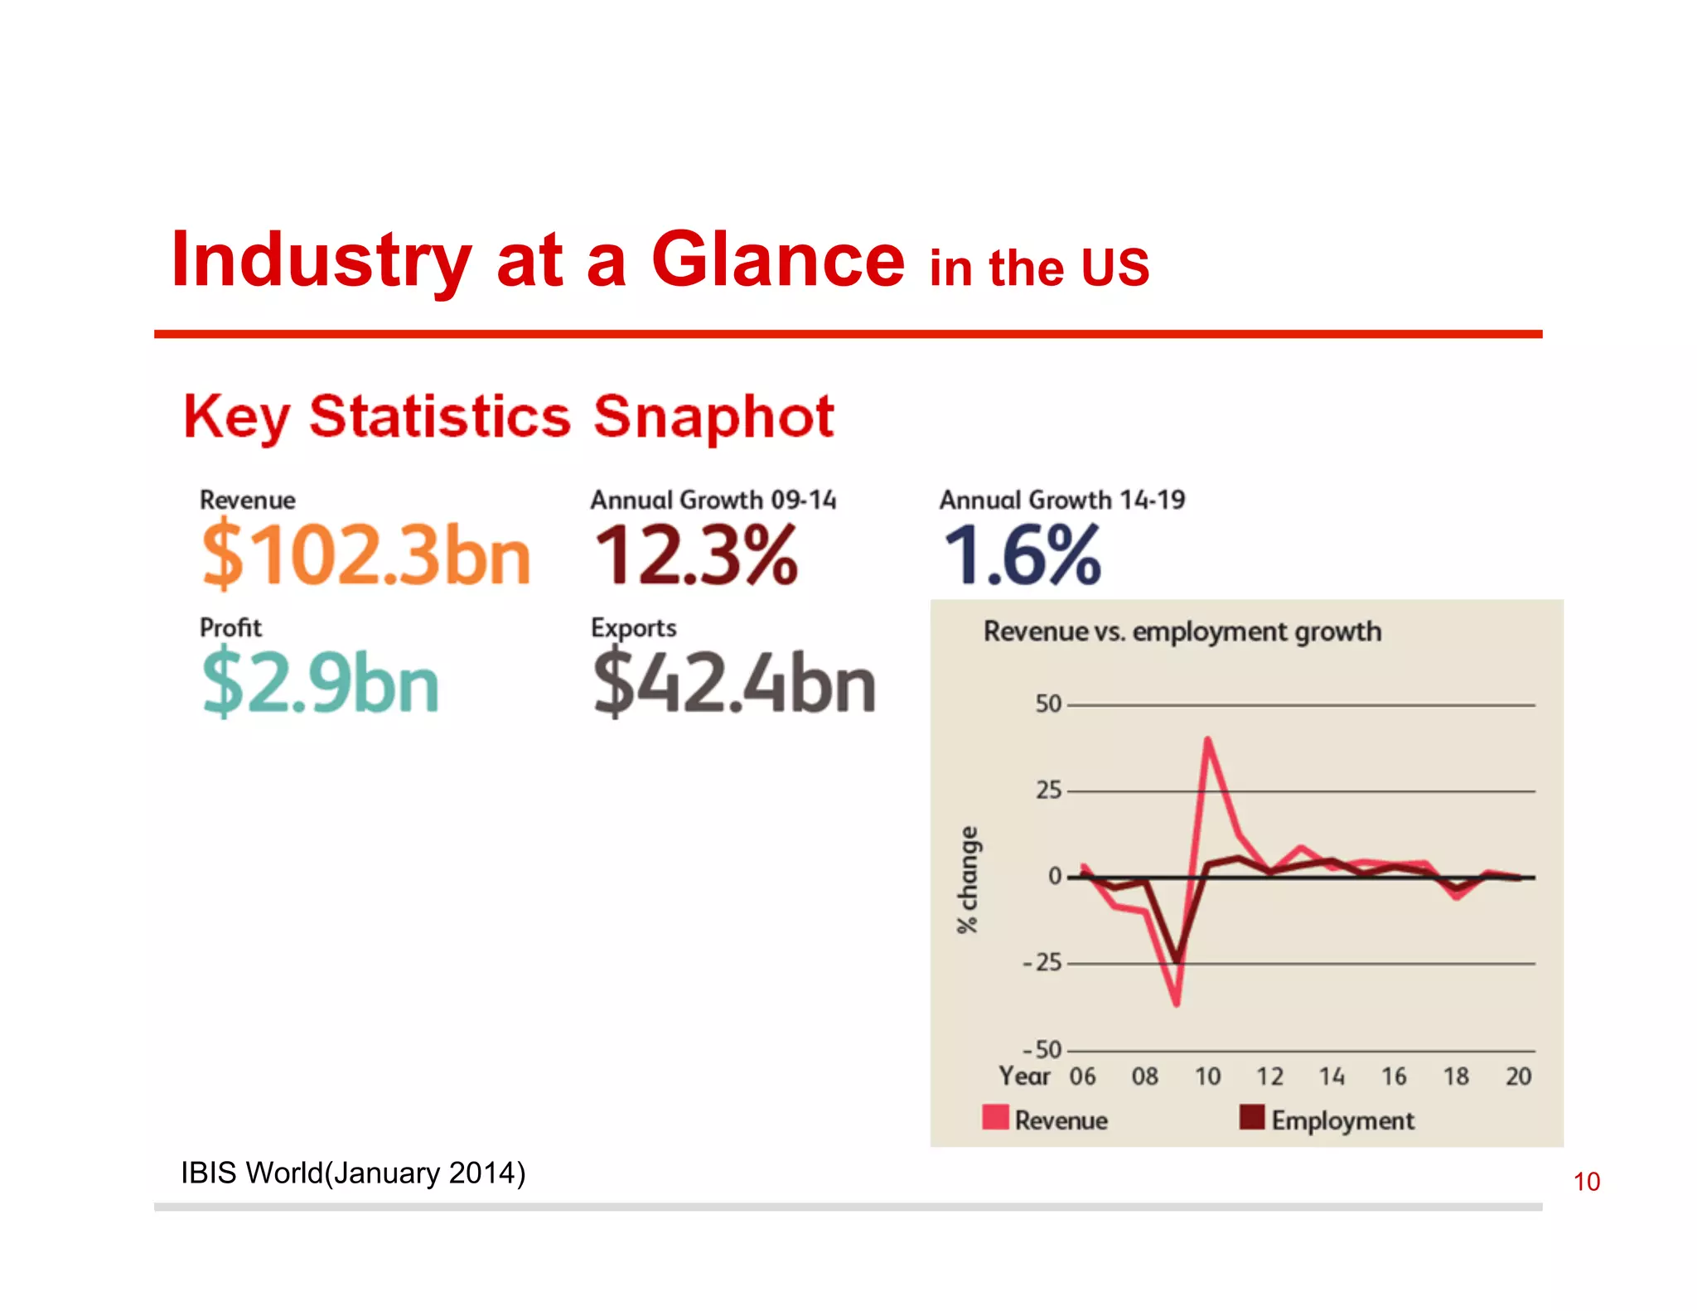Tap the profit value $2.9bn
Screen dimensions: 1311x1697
click(320, 683)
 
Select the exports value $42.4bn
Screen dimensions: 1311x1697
click(734, 683)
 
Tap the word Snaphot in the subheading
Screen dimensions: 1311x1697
click(713, 416)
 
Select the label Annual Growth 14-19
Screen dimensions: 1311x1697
click(1061, 500)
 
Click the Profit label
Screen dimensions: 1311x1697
click(230, 627)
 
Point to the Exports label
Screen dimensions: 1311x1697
click(633, 627)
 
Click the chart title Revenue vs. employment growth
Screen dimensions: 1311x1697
click(1182, 631)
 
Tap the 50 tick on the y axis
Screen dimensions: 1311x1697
click(1047, 704)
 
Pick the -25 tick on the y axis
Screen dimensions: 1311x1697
click(1042, 963)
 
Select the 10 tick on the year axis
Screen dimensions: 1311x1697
click(1207, 1076)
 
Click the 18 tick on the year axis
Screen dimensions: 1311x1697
click(1456, 1076)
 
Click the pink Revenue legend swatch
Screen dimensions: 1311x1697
click(995, 1117)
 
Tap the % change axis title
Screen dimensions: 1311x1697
click(967, 878)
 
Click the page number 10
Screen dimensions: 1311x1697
click(1586, 1182)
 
